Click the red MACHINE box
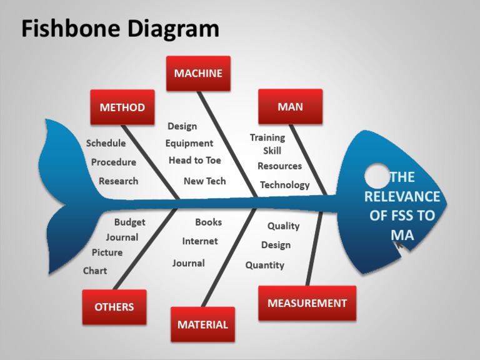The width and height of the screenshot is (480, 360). pyautogui.click(x=198, y=73)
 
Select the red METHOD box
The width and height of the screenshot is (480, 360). pyautogui.click(x=122, y=107)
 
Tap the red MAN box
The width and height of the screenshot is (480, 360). pyautogui.click(x=290, y=106)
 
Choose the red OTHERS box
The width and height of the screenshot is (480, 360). pyautogui.click(x=114, y=307)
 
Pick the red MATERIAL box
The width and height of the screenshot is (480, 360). pyautogui.click(x=202, y=324)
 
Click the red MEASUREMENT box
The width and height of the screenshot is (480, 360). pyautogui.click(x=307, y=303)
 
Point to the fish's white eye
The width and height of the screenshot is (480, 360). pyautogui.click(x=377, y=176)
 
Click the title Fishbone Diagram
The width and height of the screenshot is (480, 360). pyautogui.click(x=120, y=29)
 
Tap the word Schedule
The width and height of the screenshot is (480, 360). pyautogui.click(x=106, y=143)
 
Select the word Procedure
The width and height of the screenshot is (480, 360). pyautogui.click(x=113, y=162)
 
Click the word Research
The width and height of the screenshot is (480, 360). pyautogui.click(x=118, y=181)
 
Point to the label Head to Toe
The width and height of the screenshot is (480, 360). pyautogui.click(x=194, y=161)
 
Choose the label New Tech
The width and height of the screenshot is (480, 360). pyautogui.click(x=204, y=181)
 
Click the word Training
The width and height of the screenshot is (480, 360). pyautogui.click(x=267, y=137)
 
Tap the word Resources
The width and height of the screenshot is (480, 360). pyautogui.click(x=279, y=166)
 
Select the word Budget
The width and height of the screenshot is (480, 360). pyautogui.click(x=129, y=222)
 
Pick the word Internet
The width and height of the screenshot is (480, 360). pyautogui.click(x=200, y=241)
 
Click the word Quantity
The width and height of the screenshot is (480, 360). pyautogui.click(x=264, y=265)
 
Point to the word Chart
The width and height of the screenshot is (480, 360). pyautogui.click(x=95, y=271)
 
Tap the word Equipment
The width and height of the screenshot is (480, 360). pyautogui.click(x=189, y=143)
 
